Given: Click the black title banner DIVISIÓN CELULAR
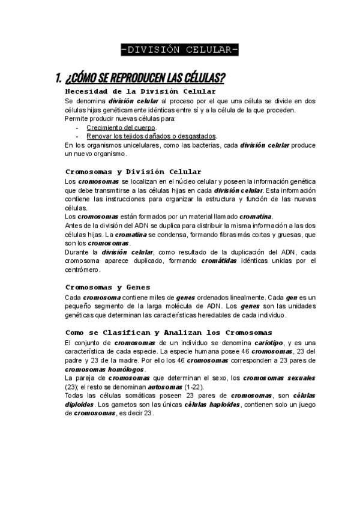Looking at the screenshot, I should (x=179, y=49).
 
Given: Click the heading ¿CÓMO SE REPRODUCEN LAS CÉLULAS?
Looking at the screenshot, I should (x=146, y=78).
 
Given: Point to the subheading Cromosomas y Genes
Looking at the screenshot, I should (x=107, y=288).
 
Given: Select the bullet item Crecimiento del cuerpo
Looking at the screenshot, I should (x=121, y=128).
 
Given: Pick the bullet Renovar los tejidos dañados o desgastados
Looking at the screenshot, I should (x=151, y=136).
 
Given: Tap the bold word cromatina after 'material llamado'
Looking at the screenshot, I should (x=256, y=216).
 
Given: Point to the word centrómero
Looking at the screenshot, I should (x=82, y=270).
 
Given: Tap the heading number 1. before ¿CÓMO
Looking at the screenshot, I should (x=58, y=78).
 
